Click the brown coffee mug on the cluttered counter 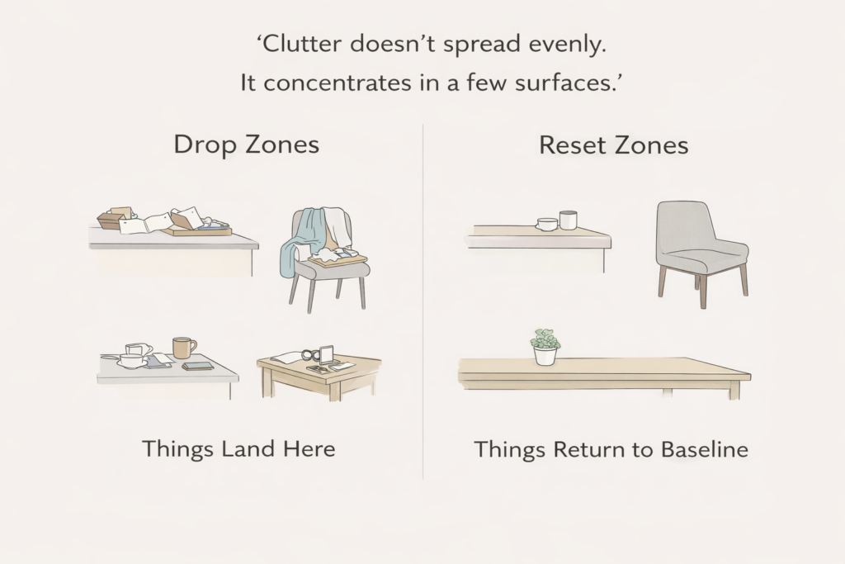point(182,348)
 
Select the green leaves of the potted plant point(545,339)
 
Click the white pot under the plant point(545,356)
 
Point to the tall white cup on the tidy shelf point(568,220)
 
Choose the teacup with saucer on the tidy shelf point(546,224)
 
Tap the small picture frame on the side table point(325,355)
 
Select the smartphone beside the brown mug point(198,366)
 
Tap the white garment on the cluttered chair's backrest point(335,226)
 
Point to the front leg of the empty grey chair point(702,291)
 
